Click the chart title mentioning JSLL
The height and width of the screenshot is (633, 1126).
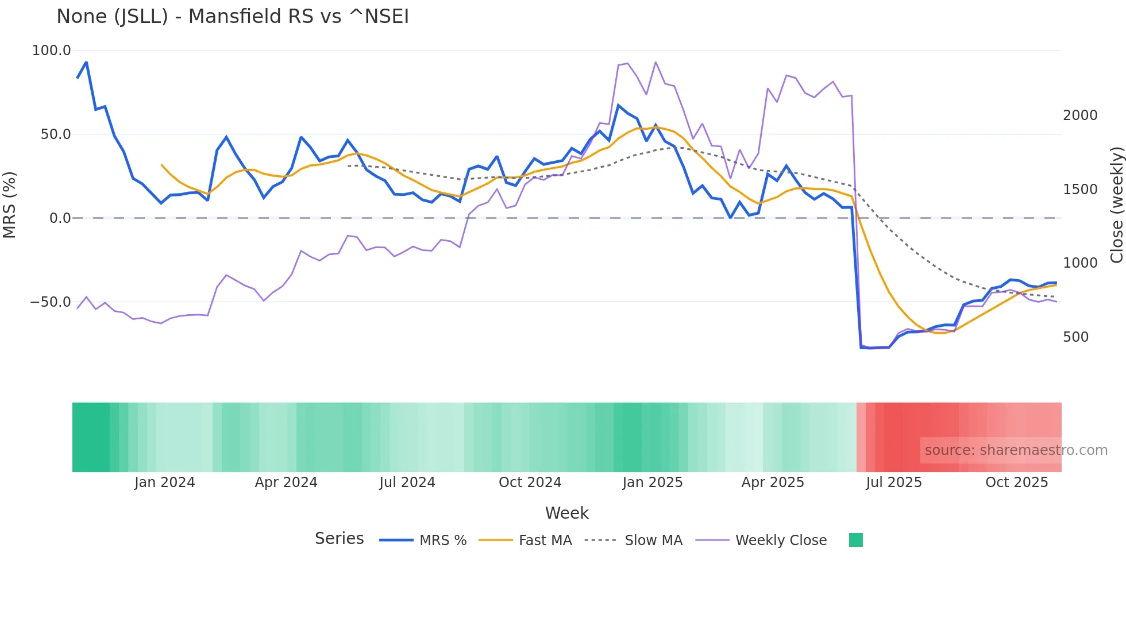233,17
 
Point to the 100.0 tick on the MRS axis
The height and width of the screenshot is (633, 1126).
51,51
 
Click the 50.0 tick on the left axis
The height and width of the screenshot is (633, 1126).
55,134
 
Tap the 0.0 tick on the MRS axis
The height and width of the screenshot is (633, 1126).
60,218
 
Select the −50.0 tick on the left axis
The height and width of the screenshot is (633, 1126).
51,302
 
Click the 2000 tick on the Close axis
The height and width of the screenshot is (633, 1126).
1080,115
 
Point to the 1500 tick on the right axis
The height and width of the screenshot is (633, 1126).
1080,190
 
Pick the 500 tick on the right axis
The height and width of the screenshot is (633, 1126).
1075,337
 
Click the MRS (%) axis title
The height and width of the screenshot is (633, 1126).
10,204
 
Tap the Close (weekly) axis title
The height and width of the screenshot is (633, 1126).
1116,204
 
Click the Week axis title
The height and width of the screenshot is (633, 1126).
566,513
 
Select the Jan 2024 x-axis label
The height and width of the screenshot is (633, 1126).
164,483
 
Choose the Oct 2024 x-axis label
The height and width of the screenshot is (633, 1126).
530,483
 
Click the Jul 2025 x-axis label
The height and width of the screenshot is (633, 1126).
893,483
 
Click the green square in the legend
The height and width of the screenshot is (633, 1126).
855,540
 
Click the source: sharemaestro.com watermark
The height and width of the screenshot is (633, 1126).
1016,450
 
